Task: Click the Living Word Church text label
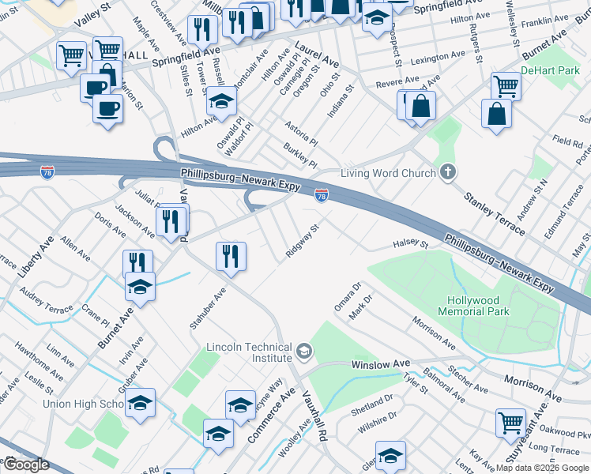[x=388, y=173]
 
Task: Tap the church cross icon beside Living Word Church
[x=447, y=171]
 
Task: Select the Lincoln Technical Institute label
[x=249, y=352]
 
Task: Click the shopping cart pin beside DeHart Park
[x=506, y=85]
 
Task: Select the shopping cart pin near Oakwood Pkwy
[x=510, y=422]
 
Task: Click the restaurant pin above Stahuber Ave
[x=231, y=255]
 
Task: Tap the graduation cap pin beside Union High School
[x=140, y=402]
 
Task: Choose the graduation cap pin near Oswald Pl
[x=222, y=100]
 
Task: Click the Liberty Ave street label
[x=35, y=255]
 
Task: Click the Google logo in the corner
[x=26, y=465]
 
